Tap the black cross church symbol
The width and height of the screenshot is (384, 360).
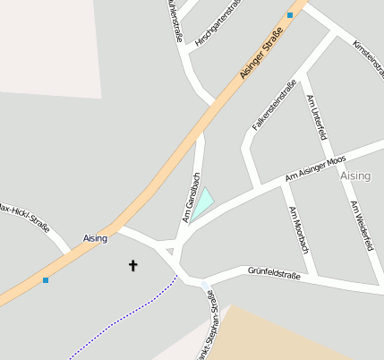[134, 265]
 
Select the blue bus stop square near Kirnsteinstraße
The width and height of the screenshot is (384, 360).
[290, 15]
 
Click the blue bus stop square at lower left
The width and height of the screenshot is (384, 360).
[46, 280]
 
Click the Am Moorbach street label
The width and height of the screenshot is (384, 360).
[299, 229]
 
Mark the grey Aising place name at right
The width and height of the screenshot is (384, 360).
[355, 176]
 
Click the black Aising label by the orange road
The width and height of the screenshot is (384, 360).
[95, 238]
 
